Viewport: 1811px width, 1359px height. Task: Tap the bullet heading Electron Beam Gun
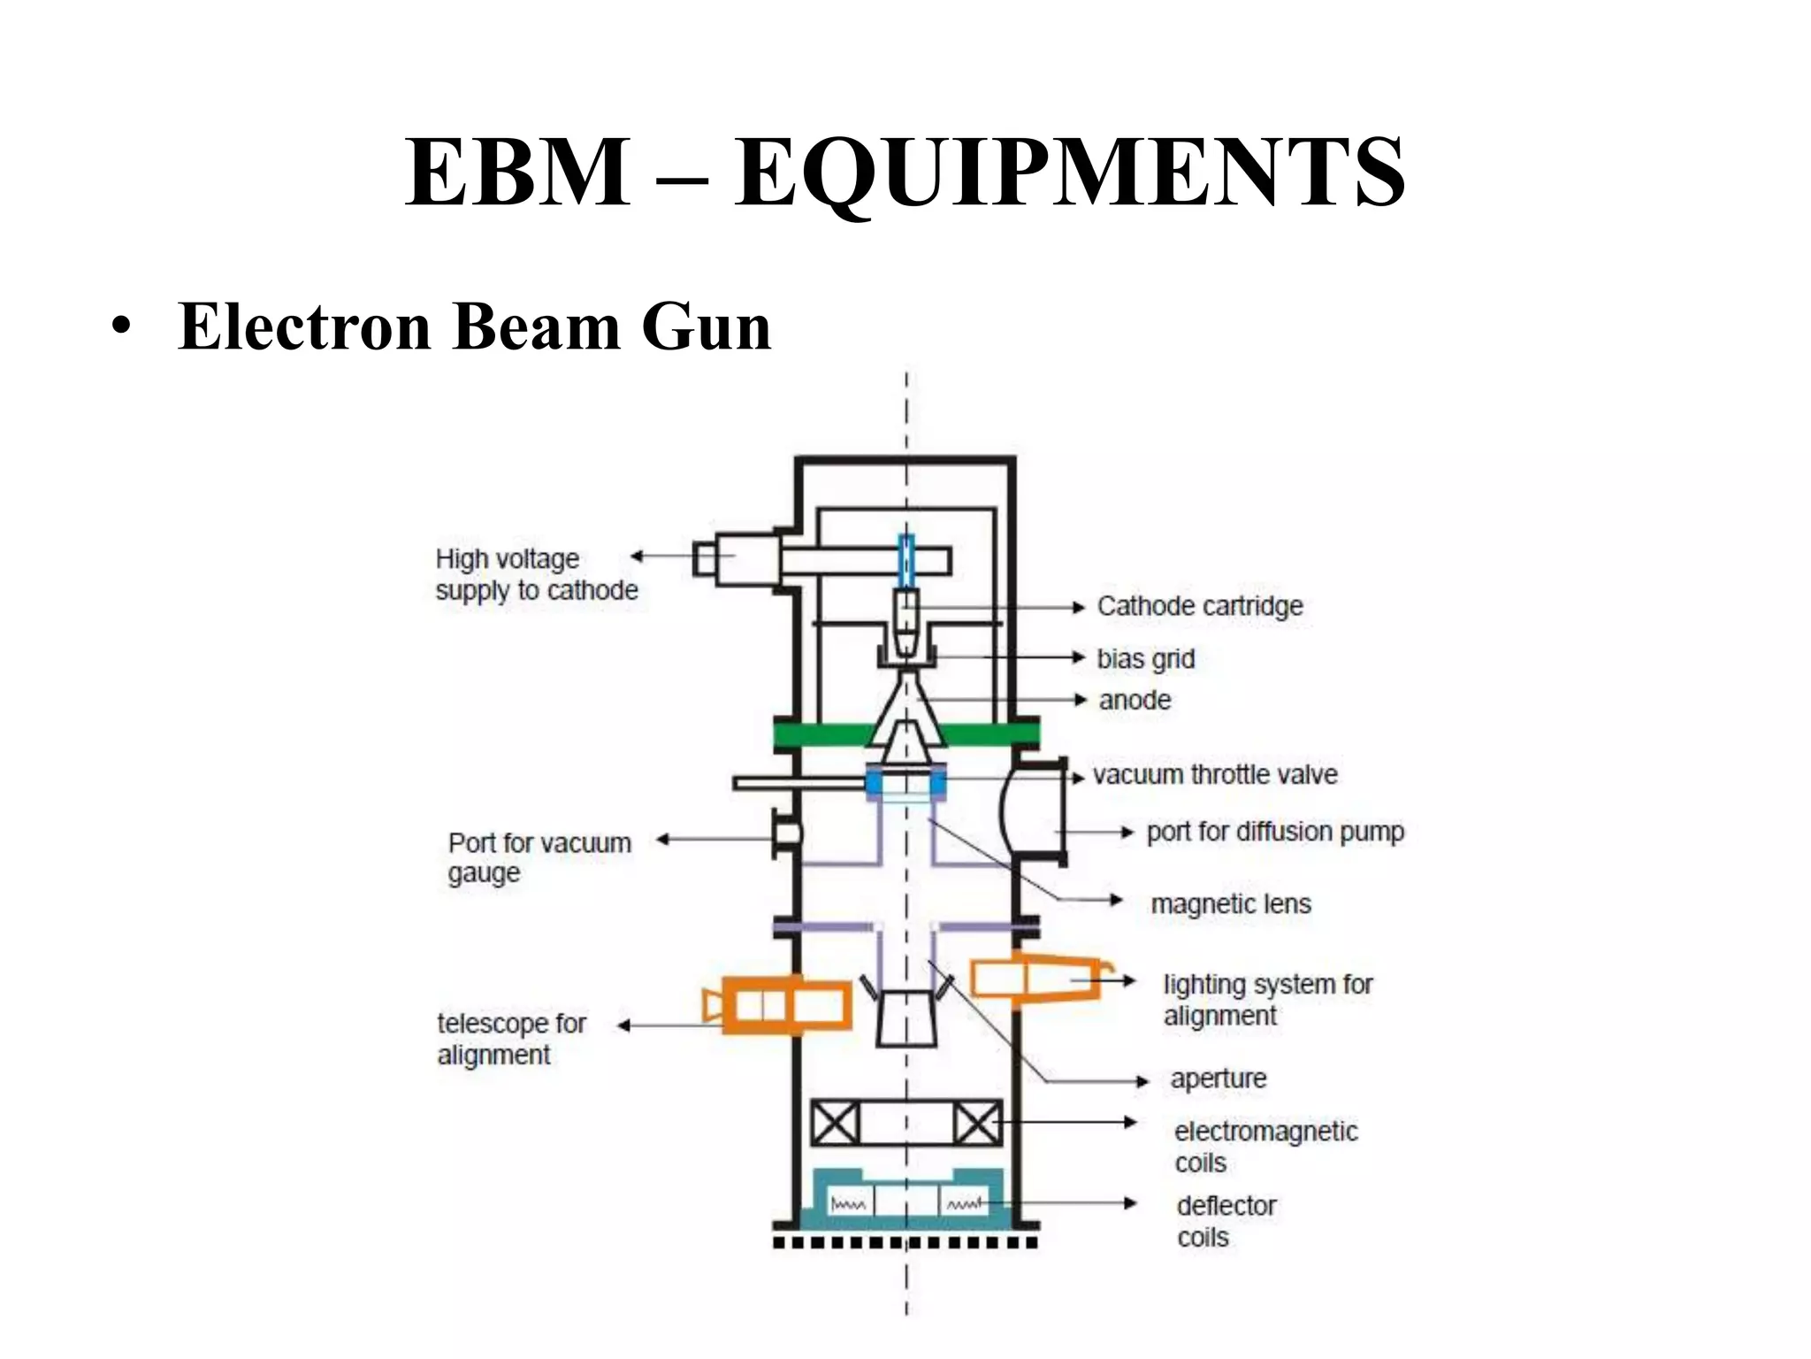[x=474, y=326]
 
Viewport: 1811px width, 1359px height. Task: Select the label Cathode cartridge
[x=1199, y=606]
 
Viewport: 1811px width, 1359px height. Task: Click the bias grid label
[x=1145, y=658]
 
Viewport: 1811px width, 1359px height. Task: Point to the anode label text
[x=1135, y=700]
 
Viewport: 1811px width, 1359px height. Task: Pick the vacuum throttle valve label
[x=1215, y=775]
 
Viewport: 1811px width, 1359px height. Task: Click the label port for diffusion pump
[x=1274, y=832]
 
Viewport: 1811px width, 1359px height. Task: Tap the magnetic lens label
[x=1230, y=904]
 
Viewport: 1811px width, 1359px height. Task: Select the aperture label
[x=1218, y=1079]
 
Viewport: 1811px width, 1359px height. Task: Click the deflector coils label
[x=1226, y=1221]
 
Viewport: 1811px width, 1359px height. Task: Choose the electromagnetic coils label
[x=1265, y=1147]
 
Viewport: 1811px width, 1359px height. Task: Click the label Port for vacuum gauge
[x=539, y=856]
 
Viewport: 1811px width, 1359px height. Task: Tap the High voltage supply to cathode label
[x=536, y=574]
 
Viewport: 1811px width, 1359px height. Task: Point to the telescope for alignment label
[x=510, y=1039]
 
